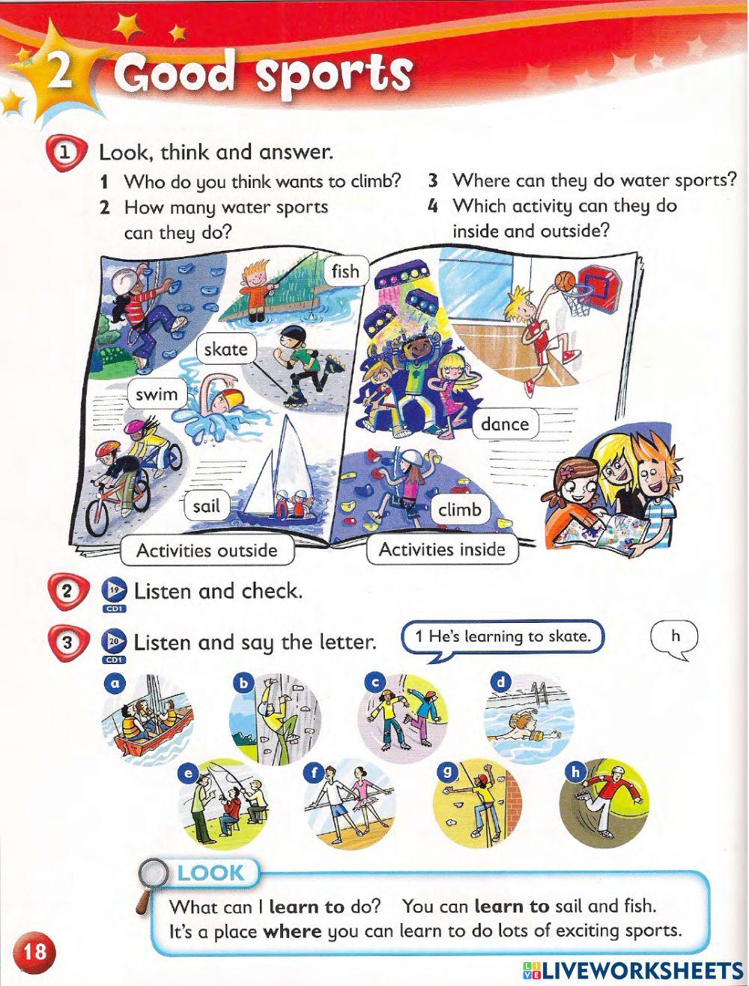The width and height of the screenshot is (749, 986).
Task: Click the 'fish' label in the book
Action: (345, 271)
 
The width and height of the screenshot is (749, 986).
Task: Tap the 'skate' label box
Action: (225, 349)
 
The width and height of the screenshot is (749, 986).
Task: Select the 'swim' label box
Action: (157, 395)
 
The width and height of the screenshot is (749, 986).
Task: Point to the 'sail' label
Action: (206, 506)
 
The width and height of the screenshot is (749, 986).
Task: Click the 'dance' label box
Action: (505, 424)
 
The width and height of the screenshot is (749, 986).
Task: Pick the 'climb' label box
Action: (460, 510)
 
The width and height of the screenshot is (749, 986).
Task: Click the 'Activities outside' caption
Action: (207, 551)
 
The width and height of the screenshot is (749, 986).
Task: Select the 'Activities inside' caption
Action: (442, 550)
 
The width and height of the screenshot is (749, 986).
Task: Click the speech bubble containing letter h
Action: (675, 638)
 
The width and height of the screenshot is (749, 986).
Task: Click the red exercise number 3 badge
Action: (67, 643)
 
